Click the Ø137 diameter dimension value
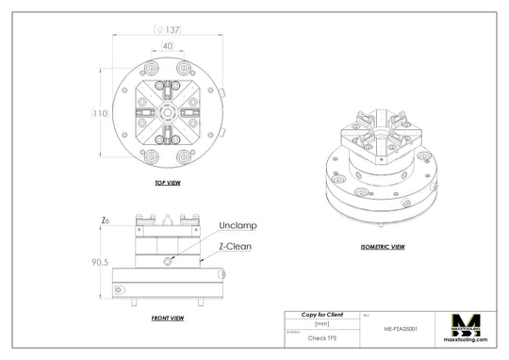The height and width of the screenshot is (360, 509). point(168,29)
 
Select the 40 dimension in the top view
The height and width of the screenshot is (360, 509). point(167,45)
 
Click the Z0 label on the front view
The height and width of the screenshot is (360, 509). point(105,221)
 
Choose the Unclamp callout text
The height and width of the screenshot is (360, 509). point(238,226)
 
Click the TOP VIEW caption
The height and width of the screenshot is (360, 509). point(167,183)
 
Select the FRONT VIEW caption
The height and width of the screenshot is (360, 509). point(167,319)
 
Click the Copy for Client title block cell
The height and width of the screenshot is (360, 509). point(322,314)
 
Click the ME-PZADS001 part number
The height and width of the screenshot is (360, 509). point(402,330)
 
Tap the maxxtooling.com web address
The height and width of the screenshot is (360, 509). point(468,345)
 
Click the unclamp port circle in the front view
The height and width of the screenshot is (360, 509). point(167,261)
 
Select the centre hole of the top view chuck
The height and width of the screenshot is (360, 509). point(167,112)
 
